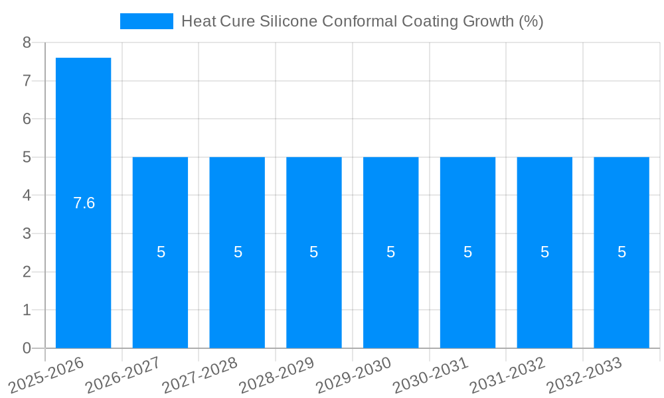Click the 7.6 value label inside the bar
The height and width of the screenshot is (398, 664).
click(x=84, y=203)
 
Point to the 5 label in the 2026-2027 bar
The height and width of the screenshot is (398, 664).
click(x=161, y=252)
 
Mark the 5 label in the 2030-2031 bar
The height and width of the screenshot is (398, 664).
click(x=467, y=252)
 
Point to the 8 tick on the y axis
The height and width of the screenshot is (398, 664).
click(x=27, y=43)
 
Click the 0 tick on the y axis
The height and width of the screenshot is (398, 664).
click(x=27, y=348)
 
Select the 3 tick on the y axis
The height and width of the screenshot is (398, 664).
click(x=27, y=233)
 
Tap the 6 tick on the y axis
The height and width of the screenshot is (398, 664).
click(x=27, y=119)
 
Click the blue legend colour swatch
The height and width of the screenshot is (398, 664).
click(x=146, y=21)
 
